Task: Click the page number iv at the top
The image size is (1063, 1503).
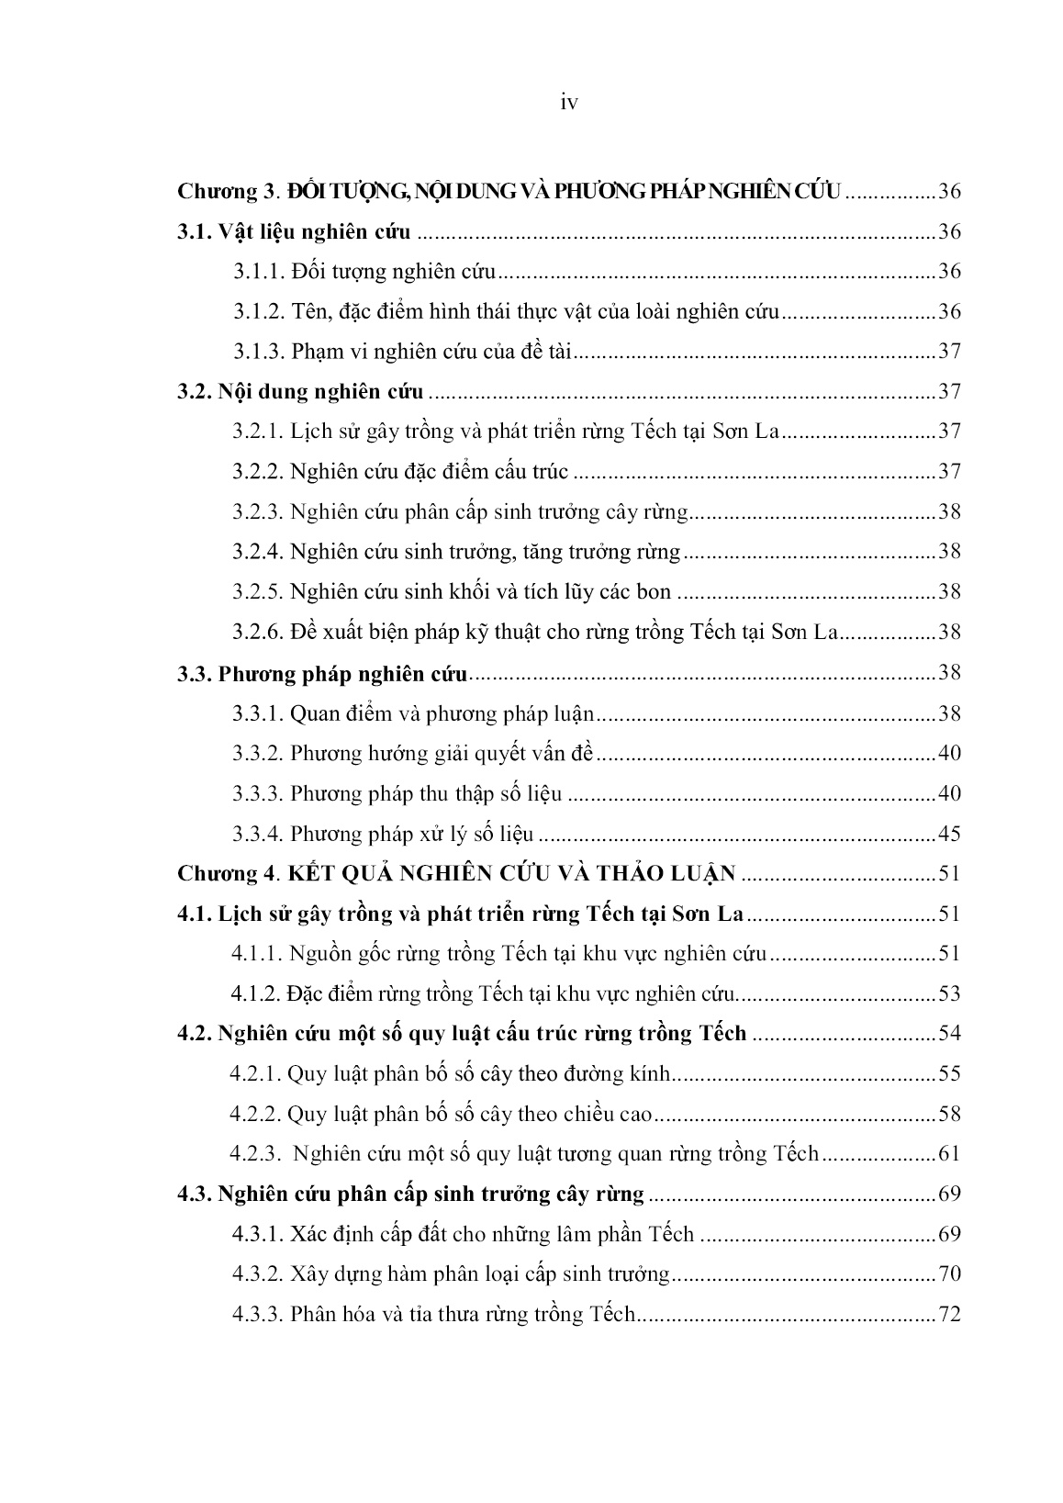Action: [x=568, y=104]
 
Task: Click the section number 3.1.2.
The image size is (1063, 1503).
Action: [x=258, y=311]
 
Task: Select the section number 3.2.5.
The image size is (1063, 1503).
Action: [x=258, y=592]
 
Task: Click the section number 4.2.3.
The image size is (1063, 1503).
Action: [x=256, y=1154]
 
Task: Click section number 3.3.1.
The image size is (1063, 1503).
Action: [x=258, y=713]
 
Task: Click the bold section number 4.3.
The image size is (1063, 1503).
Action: [x=194, y=1195]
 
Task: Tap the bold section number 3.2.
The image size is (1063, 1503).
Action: [x=194, y=392]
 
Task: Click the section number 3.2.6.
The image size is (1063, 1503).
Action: [x=258, y=633]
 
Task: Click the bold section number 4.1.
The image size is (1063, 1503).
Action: [x=194, y=914]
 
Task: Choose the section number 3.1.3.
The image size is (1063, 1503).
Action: [x=258, y=352]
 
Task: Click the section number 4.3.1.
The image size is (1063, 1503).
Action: [x=258, y=1234]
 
